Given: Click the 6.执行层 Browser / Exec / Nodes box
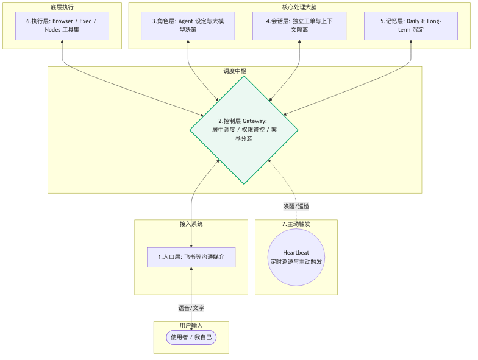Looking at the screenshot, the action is point(62,26).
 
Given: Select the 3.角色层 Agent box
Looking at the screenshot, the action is point(188,26).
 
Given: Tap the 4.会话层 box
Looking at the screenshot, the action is point(299,26).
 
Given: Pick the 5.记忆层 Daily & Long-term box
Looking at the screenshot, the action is point(411,26).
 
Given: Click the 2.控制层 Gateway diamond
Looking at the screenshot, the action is point(244,130).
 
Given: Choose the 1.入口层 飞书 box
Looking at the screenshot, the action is point(191,257).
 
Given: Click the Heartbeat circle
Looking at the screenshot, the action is point(296,257).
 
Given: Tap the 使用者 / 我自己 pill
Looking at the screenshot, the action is point(191,337).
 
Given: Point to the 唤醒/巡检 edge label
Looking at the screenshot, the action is point(296,206).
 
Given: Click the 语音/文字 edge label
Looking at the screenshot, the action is point(191,308).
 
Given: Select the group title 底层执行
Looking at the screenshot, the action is point(62,7).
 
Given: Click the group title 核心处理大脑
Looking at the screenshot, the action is point(299,7).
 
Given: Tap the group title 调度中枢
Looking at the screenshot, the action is point(235,71).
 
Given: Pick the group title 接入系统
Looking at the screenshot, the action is point(191,224).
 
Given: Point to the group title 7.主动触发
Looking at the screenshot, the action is point(296,224).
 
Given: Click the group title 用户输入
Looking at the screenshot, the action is point(191,325).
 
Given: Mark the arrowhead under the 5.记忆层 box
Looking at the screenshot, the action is point(411,41).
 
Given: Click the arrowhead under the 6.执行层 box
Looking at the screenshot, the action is point(62,41).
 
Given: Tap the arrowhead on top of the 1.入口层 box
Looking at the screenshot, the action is point(191,246).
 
